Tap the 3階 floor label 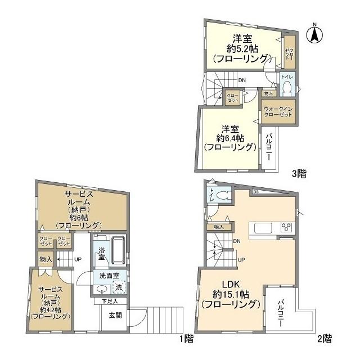pos(299,174)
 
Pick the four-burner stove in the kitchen pos(286,228)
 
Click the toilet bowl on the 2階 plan pos(222,195)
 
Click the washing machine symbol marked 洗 pos(119,287)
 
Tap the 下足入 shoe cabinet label pos(110,301)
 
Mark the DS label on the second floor pos(256,191)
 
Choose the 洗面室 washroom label pos(109,276)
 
